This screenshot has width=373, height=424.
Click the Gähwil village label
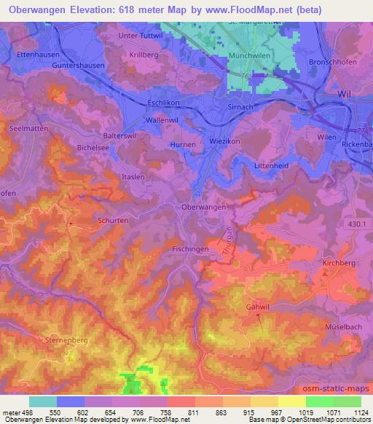(257, 307)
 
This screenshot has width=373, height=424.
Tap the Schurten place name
(111, 219)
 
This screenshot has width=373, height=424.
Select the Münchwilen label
(249, 55)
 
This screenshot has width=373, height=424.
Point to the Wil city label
(345, 95)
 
